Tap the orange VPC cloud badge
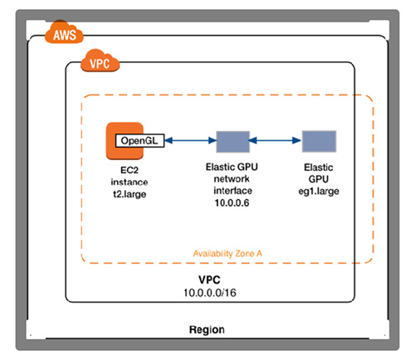(x=100, y=62)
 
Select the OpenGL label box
(x=139, y=141)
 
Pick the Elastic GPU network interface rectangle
(x=232, y=142)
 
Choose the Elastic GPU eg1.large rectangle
(x=319, y=142)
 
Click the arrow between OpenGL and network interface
(x=190, y=142)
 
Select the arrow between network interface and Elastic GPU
(x=276, y=142)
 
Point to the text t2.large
(x=129, y=191)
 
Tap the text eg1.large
(x=320, y=191)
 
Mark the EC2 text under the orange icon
(x=129, y=168)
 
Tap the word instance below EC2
(x=129, y=179)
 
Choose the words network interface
(x=232, y=185)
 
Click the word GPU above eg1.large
(x=320, y=179)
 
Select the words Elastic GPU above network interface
(x=232, y=168)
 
